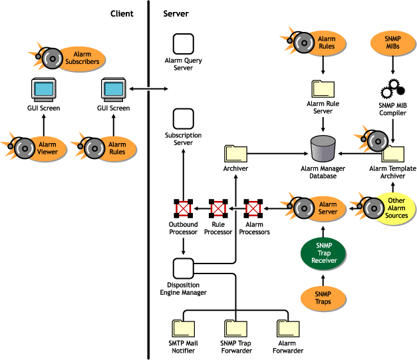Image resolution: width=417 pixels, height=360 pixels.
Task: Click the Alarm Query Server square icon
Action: [x=183, y=45]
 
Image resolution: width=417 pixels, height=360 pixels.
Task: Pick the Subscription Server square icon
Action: [x=183, y=120]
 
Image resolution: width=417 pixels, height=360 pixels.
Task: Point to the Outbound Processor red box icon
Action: [x=183, y=209]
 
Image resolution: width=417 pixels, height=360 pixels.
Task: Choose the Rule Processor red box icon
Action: [x=218, y=209]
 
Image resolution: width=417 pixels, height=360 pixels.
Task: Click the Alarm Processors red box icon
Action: [x=253, y=209]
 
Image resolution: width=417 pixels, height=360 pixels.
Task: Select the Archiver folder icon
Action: [x=235, y=153]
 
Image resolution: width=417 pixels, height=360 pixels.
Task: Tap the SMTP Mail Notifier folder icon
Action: [x=182, y=327]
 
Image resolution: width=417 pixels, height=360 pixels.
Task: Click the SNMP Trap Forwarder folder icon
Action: [x=235, y=327]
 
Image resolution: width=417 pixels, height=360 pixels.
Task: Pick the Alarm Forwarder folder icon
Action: [x=287, y=327]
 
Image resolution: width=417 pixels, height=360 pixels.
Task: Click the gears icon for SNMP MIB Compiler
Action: [x=392, y=89]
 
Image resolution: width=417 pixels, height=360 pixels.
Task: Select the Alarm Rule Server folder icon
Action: [x=324, y=89]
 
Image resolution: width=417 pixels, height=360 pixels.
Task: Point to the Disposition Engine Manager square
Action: [x=183, y=269]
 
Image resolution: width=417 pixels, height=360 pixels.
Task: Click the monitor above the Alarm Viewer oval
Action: [x=44, y=89]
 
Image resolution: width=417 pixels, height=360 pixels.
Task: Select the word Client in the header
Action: [x=122, y=13]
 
